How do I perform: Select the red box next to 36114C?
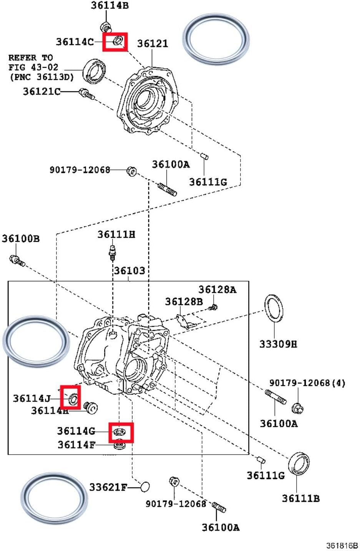tap(114, 41)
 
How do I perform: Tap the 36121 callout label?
tap(153, 43)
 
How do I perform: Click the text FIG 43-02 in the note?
tap(33, 67)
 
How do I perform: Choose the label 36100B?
tap(20, 239)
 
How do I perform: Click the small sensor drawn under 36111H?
tap(113, 251)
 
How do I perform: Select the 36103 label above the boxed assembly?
tap(129, 271)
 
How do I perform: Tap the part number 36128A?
tap(217, 289)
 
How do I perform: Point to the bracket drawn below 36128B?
tap(186, 321)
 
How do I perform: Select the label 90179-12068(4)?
tap(307, 383)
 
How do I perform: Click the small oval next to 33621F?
tap(145, 487)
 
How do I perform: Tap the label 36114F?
tap(76, 445)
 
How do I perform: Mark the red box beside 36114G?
tap(121, 432)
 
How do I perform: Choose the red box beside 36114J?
tap(71, 397)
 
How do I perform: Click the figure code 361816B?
tap(342, 546)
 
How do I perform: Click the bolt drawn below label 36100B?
tap(17, 261)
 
